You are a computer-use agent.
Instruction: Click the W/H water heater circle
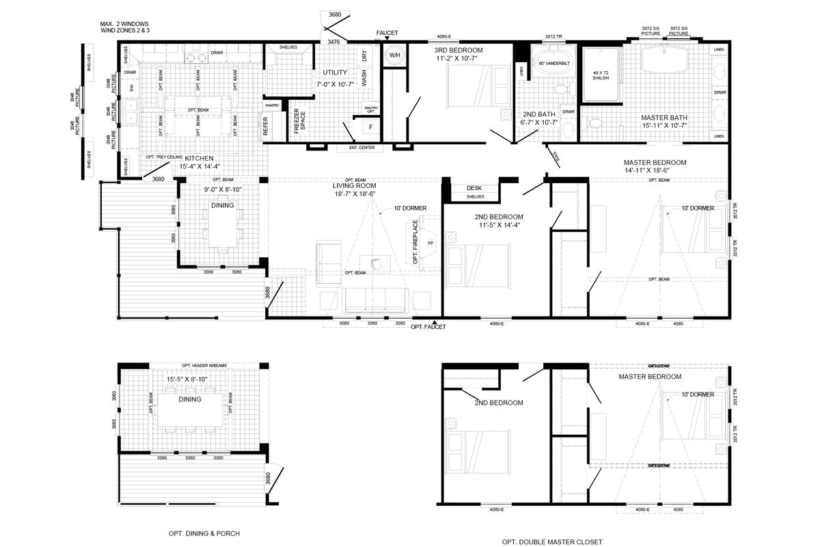394,55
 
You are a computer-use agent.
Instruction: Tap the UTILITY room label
335,72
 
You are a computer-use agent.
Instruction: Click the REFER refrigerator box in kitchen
266,127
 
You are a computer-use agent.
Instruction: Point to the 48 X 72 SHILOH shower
600,75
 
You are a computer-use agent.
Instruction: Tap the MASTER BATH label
664,117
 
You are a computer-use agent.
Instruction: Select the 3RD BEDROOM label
459,51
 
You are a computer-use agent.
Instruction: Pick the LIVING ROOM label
354,185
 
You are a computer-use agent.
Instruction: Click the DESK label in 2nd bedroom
474,188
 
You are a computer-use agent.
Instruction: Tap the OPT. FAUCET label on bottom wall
428,327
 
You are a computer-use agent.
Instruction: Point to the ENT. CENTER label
361,148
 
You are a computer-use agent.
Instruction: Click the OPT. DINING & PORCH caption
204,533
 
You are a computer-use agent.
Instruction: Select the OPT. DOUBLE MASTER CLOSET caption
552,542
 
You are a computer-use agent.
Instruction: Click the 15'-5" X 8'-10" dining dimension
187,379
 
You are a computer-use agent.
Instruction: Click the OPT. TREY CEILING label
164,157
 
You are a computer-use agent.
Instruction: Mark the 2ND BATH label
538,114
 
